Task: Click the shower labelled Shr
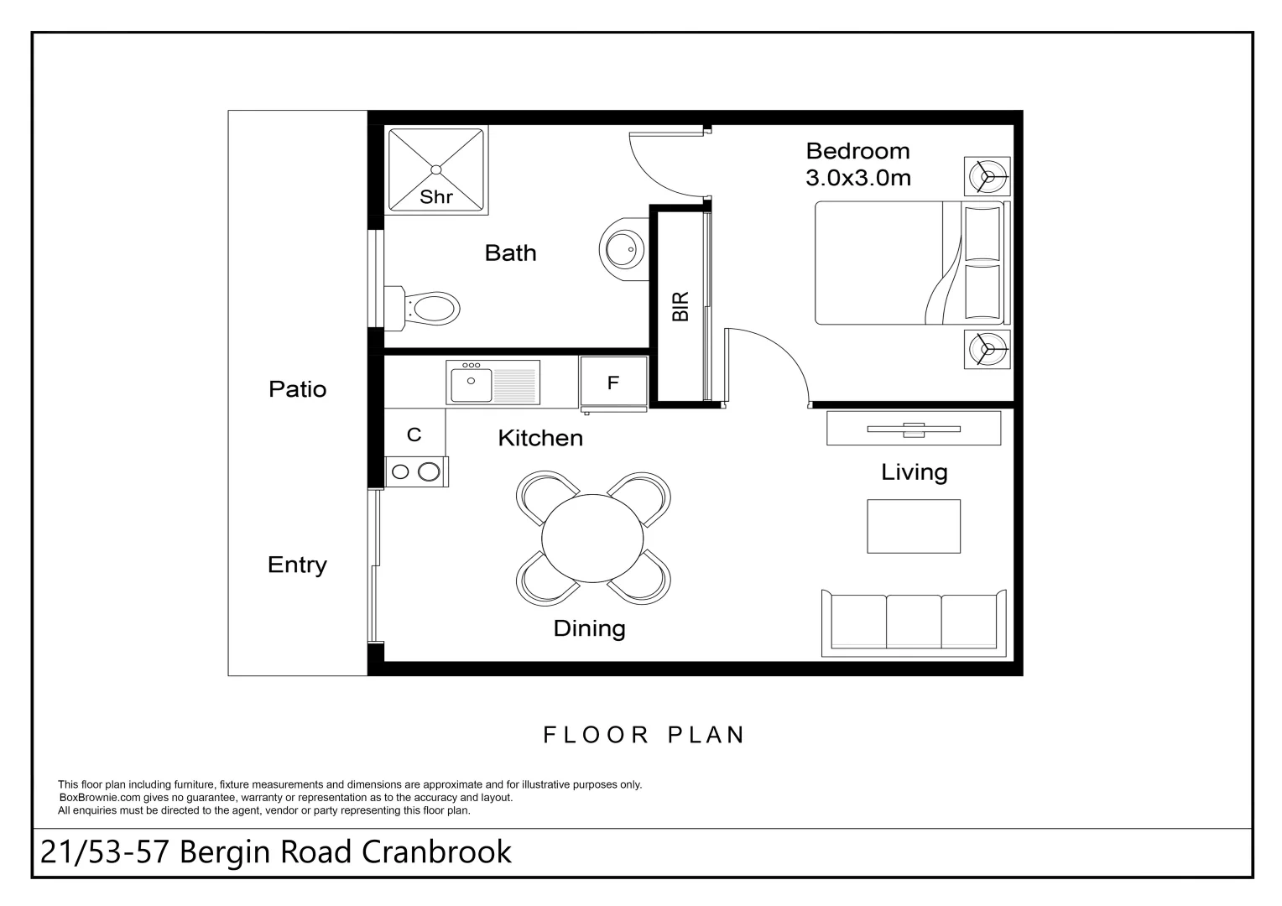click(436, 170)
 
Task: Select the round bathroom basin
click(623, 249)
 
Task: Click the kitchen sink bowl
click(471, 385)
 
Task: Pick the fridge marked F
click(613, 383)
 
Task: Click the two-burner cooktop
click(416, 471)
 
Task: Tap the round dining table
click(592, 538)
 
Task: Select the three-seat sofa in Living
click(914, 622)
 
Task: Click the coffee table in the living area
click(914, 526)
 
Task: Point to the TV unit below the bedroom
click(914, 428)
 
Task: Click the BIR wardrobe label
click(680, 307)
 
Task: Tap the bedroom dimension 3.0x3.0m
click(858, 178)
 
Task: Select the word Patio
click(298, 389)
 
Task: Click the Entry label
click(297, 565)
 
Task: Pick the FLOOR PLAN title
click(644, 734)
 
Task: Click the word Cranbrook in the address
click(436, 851)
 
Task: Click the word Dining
click(589, 628)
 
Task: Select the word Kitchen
click(540, 438)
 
